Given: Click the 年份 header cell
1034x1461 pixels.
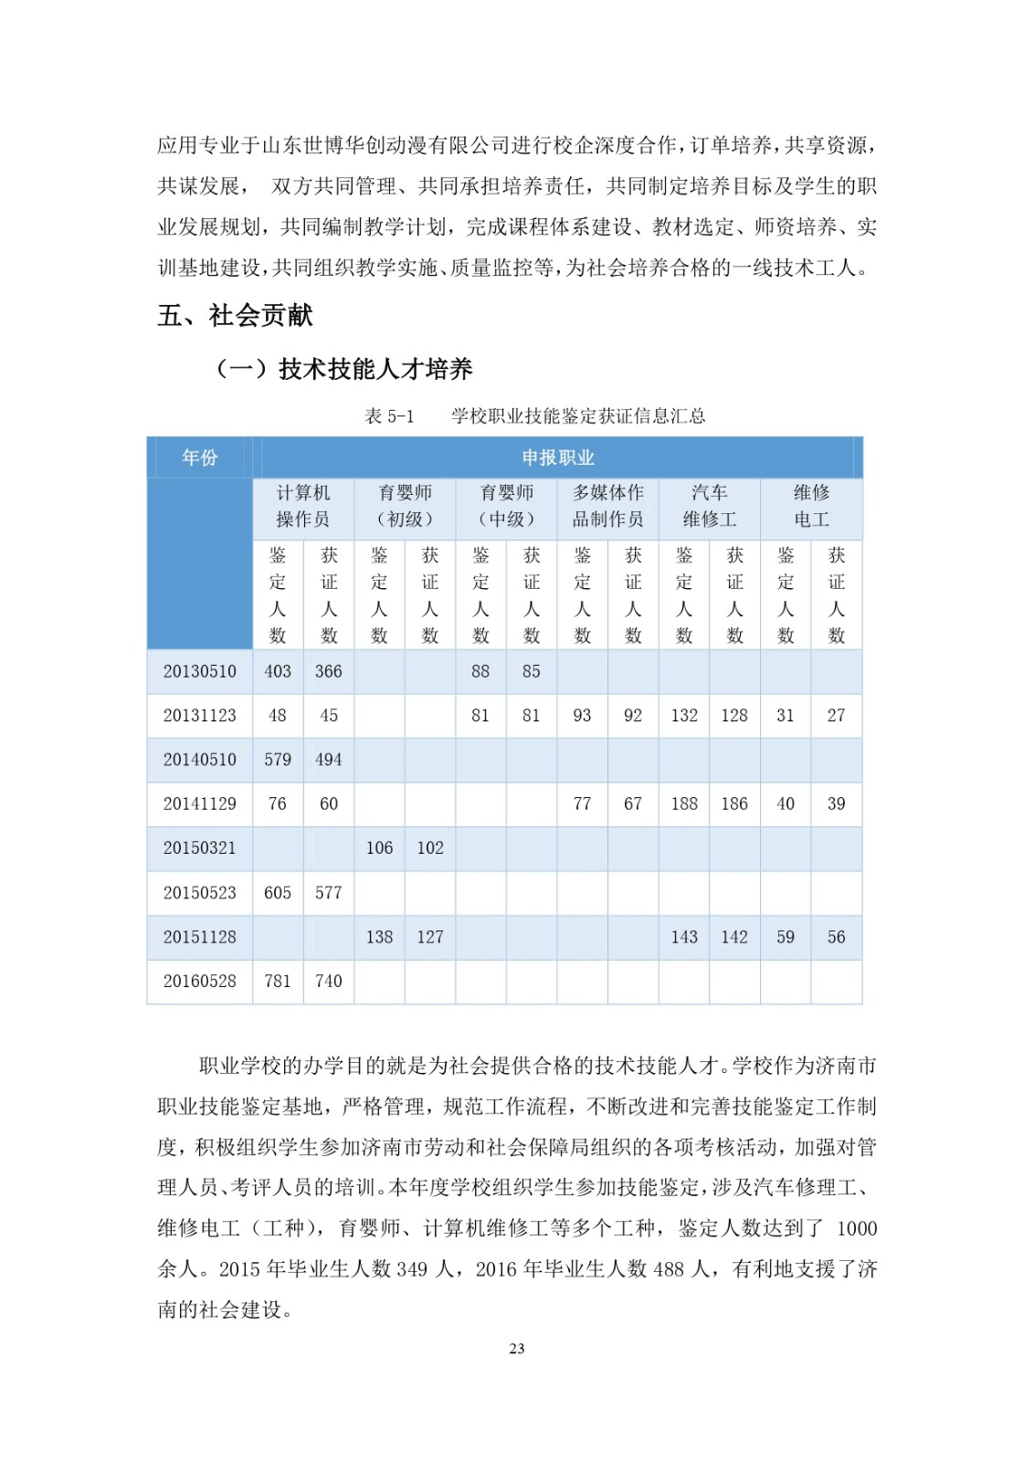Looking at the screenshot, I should [199, 457].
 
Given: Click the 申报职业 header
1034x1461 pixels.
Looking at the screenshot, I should [557, 457].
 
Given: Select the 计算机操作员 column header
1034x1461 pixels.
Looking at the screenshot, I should [303, 506].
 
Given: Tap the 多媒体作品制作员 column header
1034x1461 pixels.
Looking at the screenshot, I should [607, 506].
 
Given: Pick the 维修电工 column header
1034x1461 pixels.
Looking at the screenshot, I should [811, 506].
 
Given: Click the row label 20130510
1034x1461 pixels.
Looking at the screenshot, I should [199, 671].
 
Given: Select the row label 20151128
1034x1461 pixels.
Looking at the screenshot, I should [199, 937].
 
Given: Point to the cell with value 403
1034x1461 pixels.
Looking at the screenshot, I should [278, 671].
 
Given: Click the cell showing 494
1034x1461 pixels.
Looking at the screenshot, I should [328, 760].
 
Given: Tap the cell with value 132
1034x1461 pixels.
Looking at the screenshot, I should [684, 715].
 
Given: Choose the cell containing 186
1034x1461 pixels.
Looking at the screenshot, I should [734, 804].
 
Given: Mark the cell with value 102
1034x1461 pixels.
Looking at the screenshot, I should [430, 848].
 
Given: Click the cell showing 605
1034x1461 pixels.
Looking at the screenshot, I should [278, 892].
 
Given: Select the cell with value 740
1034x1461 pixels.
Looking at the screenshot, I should [328, 981].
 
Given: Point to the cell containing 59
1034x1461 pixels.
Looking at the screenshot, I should [786, 937].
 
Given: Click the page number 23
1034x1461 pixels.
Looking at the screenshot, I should [517, 1349].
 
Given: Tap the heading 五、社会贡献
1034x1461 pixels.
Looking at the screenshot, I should [235, 316].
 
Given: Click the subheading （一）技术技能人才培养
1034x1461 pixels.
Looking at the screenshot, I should [343, 369].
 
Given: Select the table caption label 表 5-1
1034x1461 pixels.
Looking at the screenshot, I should [389, 416].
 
